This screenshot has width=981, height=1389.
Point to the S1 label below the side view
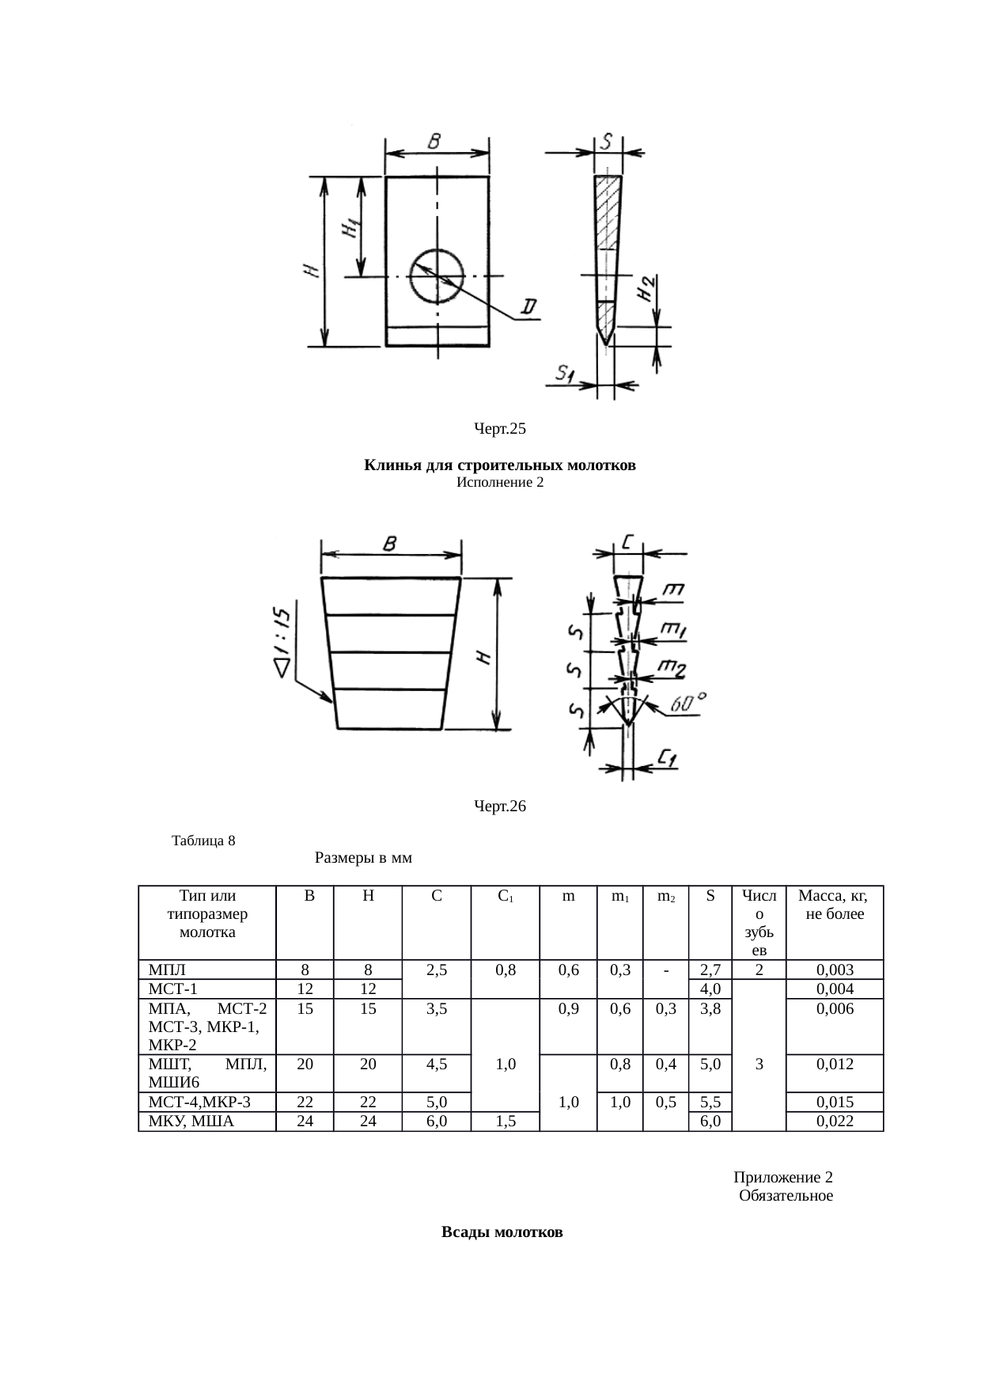click(x=564, y=373)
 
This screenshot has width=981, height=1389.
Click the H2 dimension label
click(x=646, y=288)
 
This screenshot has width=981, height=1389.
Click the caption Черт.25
click(x=500, y=429)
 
